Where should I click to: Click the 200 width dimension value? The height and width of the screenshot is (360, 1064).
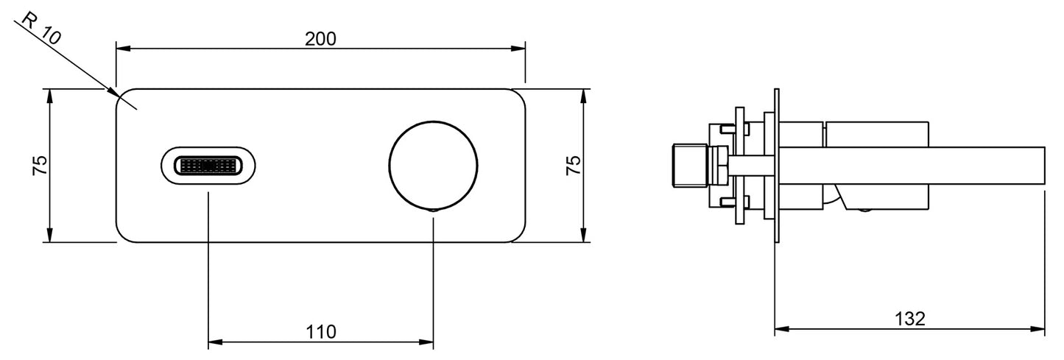click(320, 38)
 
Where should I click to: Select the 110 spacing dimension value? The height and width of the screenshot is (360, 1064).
click(320, 331)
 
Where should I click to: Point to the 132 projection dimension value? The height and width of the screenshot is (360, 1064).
click(910, 319)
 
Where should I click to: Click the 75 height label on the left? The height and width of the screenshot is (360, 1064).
click(40, 165)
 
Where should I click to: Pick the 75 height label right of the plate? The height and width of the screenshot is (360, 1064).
click(574, 165)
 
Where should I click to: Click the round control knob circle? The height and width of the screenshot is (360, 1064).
click(433, 166)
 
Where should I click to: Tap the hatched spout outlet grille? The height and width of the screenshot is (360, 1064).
click(208, 166)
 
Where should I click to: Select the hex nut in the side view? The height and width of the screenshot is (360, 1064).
click(717, 166)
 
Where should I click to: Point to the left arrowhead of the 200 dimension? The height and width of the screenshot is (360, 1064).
click(124, 49)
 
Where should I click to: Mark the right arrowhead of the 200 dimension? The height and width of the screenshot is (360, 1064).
click(518, 49)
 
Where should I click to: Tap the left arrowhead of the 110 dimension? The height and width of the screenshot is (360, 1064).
click(216, 342)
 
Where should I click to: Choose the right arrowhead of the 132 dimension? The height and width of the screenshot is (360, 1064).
click(1037, 328)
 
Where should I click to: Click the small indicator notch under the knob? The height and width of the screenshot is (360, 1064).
click(433, 209)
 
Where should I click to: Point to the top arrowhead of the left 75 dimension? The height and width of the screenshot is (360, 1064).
click(49, 96)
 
